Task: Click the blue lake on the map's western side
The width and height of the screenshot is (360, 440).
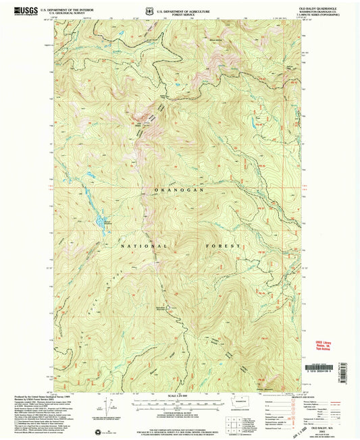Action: coord(101,221)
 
